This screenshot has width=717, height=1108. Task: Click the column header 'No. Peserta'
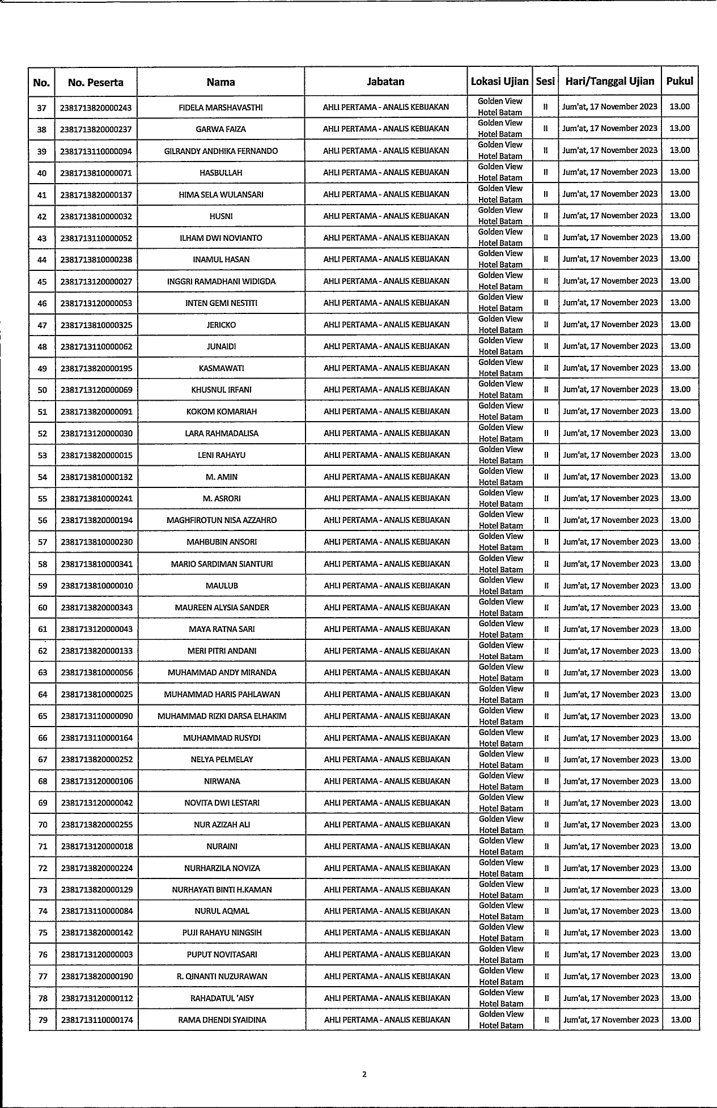pyautogui.click(x=95, y=82)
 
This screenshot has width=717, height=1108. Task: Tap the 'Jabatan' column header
pyautogui.click(x=385, y=82)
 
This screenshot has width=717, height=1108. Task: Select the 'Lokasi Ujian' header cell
pyautogui.click(x=499, y=82)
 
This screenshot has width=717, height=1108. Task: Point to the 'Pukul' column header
pyautogui.click(x=680, y=81)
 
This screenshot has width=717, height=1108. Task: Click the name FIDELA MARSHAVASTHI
pyautogui.click(x=220, y=108)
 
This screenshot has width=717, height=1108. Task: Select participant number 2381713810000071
pyautogui.click(x=96, y=173)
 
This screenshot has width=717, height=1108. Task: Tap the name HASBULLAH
pyautogui.click(x=220, y=173)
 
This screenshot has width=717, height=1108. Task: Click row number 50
pyautogui.click(x=43, y=390)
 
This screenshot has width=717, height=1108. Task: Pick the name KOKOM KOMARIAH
pyautogui.click(x=221, y=411)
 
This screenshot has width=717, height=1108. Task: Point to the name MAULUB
pyautogui.click(x=222, y=585)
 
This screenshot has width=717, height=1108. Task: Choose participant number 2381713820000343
pyautogui.click(x=97, y=608)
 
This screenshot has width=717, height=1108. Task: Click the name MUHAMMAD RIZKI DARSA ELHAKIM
pyautogui.click(x=222, y=716)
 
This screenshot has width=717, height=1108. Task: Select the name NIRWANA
pyautogui.click(x=222, y=782)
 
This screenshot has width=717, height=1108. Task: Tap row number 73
pyautogui.click(x=43, y=890)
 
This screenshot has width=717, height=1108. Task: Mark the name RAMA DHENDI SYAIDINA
pyautogui.click(x=222, y=1020)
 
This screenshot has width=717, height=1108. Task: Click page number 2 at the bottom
pyautogui.click(x=364, y=1074)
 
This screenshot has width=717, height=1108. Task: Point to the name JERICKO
pyautogui.click(x=221, y=325)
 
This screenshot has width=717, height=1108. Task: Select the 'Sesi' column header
pyautogui.click(x=545, y=82)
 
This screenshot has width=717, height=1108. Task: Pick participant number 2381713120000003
pyautogui.click(x=97, y=955)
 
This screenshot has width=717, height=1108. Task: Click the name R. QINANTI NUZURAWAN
pyautogui.click(x=222, y=977)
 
